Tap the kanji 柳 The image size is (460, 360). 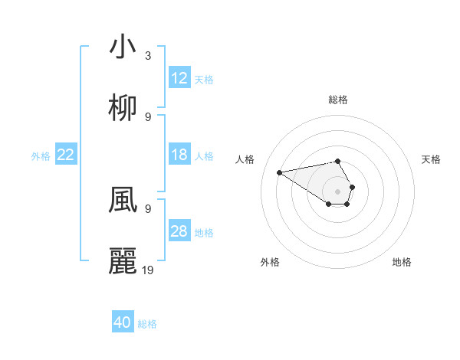tap(123, 109)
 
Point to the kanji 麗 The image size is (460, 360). tap(123, 261)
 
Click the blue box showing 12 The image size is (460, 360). tap(179, 78)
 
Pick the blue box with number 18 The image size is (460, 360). tap(179, 155)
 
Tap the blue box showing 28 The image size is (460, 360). tap(179, 231)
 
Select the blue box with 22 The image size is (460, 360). tap(66, 155)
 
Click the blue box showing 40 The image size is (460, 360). tap(123, 322)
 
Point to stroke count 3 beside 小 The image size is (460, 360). tap(148, 55)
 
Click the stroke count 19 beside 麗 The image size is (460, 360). tap(148, 270)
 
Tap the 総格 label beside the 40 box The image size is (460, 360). tap(147, 324)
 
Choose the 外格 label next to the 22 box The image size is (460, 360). tap(41, 155)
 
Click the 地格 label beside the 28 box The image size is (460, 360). tap(204, 232)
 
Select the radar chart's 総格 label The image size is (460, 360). tap(337, 100)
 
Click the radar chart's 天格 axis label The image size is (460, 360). tap(431, 159)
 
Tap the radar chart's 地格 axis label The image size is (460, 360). tap(402, 262)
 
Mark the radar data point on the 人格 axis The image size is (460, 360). tap(279, 172)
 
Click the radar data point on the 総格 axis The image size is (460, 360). tap(337, 161)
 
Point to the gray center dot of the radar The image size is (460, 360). tap(337, 191)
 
